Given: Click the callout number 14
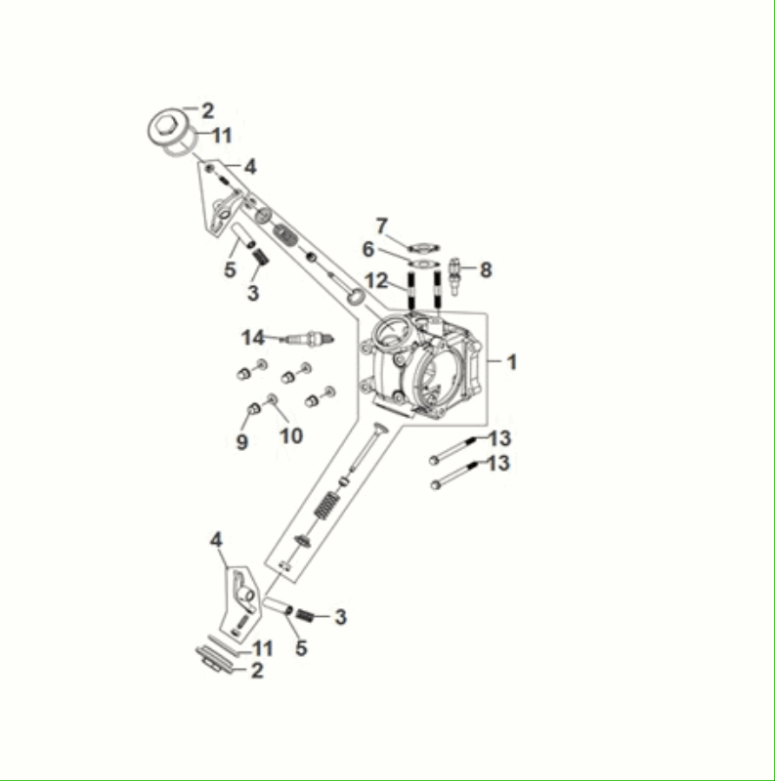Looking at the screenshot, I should click(x=253, y=338).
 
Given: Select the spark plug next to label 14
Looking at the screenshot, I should click(x=308, y=339).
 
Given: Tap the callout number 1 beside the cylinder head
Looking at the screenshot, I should click(x=511, y=362).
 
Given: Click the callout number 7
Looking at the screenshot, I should click(x=382, y=226).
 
